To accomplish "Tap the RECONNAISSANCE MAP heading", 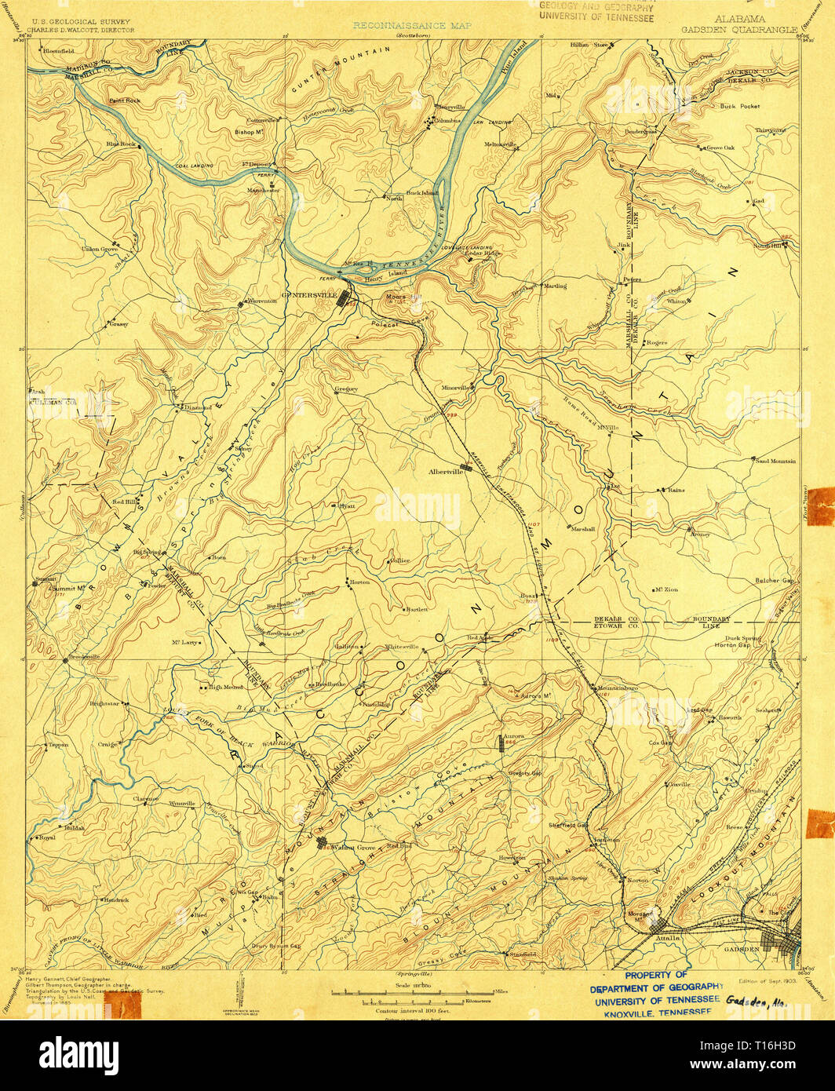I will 412,26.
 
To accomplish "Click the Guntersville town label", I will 308,296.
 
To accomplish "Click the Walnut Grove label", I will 354,848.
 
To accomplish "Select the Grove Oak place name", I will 720,148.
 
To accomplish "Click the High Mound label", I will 225,687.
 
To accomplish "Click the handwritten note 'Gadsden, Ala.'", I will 757,1002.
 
